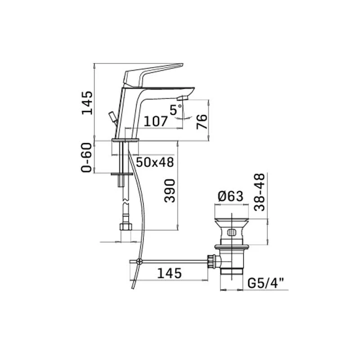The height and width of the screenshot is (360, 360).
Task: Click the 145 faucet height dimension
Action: tap(87, 103)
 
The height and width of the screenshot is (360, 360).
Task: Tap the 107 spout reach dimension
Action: tap(155, 121)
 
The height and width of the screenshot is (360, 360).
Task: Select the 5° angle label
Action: tap(176, 109)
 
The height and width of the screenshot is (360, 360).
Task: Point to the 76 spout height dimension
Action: tap(202, 121)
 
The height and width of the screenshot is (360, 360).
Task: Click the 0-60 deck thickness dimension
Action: tap(86, 157)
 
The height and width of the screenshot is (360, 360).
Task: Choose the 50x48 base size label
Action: tap(155, 162)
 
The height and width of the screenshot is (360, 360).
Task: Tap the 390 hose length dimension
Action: tap(170, 191)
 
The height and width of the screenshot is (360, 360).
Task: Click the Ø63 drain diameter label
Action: tap(230, 197)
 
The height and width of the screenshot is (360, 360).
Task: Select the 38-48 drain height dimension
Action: tap(260, 192)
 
